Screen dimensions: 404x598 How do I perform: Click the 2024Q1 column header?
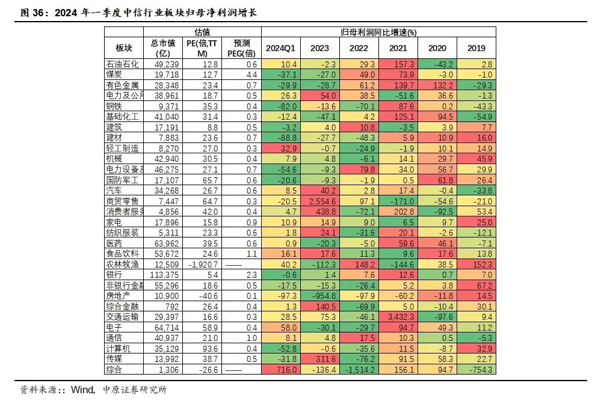point(281,48)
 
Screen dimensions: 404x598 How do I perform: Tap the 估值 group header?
point(203,32)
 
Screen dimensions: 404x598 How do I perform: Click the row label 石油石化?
point(122,64)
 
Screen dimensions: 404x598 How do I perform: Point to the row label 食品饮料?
point(122,253)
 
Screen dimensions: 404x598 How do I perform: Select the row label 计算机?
point(118,347)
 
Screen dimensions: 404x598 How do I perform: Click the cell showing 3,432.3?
point(398,316)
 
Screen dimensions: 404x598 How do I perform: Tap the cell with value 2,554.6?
point(319,201)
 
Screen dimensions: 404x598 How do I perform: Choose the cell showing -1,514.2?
point(359,369)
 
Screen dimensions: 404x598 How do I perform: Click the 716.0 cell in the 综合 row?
point(281,369)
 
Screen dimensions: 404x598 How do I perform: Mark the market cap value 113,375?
point(163,274)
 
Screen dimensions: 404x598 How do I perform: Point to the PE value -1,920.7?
point(202,264)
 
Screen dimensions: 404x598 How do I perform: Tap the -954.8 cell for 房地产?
point(319,295)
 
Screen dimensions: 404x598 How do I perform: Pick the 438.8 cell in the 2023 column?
point(319,211)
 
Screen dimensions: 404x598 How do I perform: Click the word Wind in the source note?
point(82,390)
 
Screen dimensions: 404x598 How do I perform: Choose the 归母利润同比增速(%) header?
point(378,32)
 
